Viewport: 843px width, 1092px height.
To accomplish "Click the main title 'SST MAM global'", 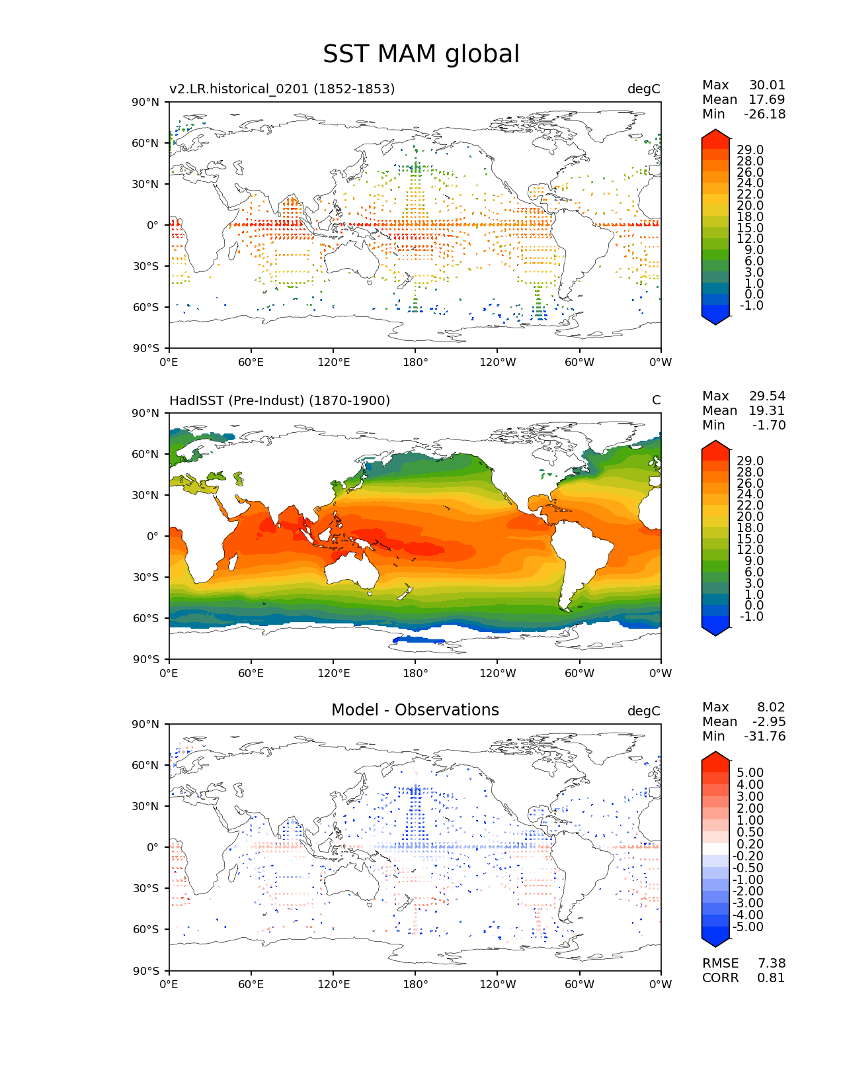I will [x=421, y=54].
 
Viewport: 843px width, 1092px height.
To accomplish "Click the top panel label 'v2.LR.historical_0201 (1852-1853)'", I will [x=282, y=89].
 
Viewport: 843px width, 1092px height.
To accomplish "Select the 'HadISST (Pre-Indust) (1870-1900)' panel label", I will [x=280, y=400].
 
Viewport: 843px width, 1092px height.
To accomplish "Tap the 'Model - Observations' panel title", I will [x=415, y=710].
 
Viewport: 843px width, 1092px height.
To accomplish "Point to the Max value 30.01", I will [x=767, y=85].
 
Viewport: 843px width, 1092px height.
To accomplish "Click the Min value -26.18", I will [x=764, y=114].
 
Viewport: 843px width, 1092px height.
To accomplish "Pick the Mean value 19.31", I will [x=766, y=411].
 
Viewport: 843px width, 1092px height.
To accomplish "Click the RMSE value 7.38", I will [x=771, y=964].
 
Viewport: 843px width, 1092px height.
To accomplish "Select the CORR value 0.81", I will [x=771, y=978].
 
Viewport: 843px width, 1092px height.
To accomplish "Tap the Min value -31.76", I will [x=764, y=737].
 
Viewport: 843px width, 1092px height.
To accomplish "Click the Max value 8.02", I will [x=771, y=707].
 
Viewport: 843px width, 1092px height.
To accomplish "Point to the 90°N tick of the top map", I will [x=146, y=102].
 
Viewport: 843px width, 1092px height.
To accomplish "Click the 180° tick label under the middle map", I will [x=415, y=674].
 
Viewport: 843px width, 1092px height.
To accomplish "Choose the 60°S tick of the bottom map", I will [x=146, y=930].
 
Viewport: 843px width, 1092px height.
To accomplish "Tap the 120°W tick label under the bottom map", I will [x=498, y=985].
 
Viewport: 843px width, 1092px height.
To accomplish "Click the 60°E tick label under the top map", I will [x=251, y=363].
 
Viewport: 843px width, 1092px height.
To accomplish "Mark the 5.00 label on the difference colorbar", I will [x=750, y=773].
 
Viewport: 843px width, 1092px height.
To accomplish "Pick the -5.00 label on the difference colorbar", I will [x=748, y=927].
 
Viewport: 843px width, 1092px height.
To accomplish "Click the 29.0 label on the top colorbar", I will [x=750, y=150].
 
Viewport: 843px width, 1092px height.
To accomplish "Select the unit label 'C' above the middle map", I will [x=656, y=400].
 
